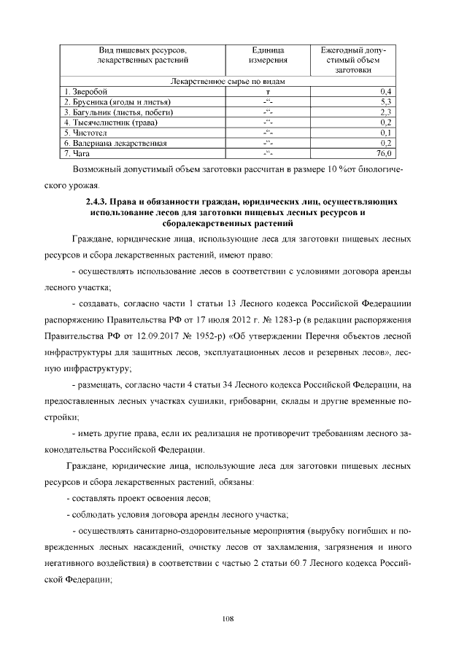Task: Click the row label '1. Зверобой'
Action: [x=85, y=91]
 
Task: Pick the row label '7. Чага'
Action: [x=76, y=154]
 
